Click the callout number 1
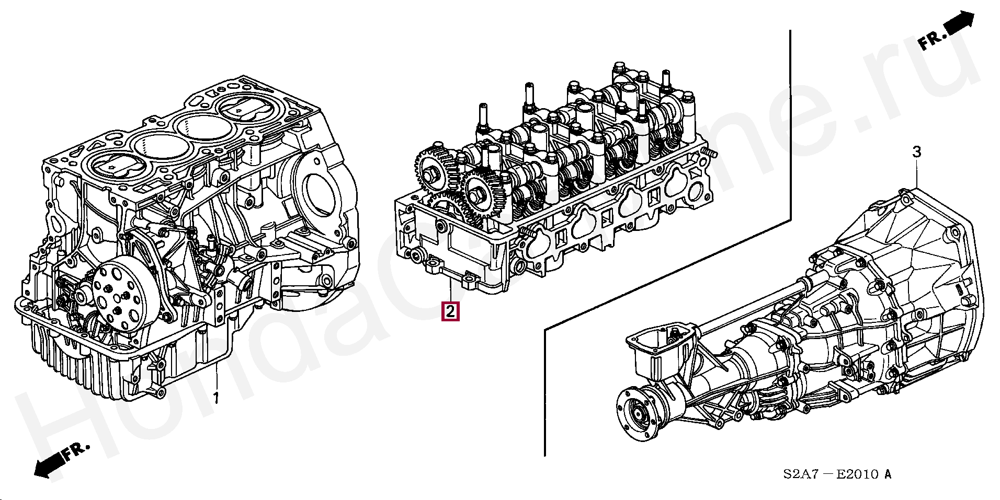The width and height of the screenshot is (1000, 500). [216, 398]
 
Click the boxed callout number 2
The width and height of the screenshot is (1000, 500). [450, 311]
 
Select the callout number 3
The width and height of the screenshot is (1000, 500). [916, 152]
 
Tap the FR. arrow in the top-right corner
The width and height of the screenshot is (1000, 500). [947, 32]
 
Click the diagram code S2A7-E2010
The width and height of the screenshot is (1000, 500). [837, 474]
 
